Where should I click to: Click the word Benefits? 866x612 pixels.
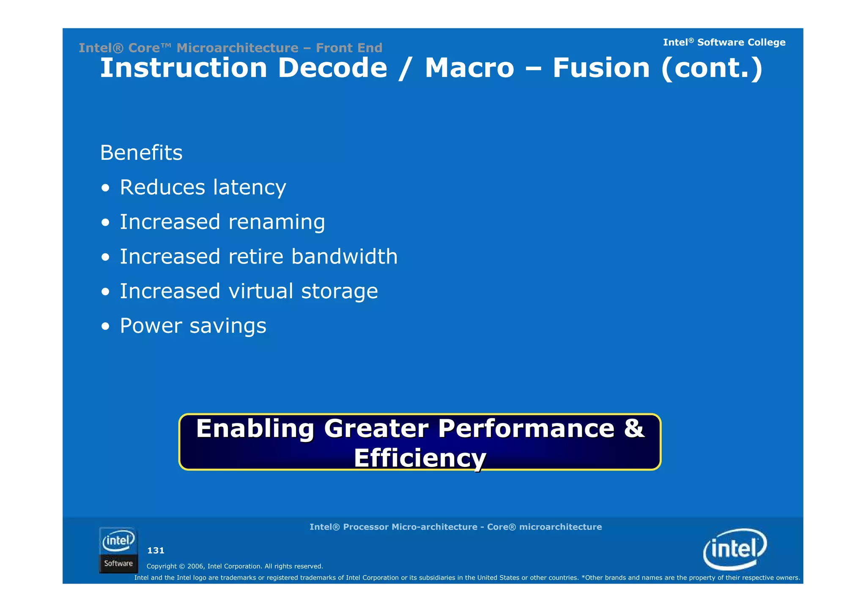click(141, 153)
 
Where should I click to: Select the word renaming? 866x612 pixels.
click(277, 222)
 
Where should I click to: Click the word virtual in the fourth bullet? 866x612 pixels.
click(260, 291)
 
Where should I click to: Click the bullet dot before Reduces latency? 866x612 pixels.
click(106, 188)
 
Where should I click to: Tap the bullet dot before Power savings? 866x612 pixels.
click(106, 327)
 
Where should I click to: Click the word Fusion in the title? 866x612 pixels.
click(601, 68)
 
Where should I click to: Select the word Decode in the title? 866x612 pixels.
click(332, 68)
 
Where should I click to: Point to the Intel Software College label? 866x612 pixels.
click(724, 42)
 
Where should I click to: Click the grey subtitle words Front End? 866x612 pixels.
click(349, 48)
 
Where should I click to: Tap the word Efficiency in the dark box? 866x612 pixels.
click(420, 458)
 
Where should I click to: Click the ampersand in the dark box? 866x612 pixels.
click(634, 428)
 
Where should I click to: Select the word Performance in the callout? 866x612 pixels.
click(526, 428)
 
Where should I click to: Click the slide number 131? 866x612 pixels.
click(156, 551)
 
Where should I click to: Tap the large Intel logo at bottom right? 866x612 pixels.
click(735, 549)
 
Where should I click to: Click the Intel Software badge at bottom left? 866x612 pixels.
click(118, 550)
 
